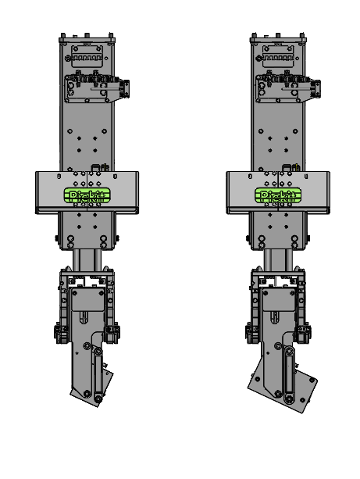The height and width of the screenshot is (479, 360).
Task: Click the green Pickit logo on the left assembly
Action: click(x=87, y=195)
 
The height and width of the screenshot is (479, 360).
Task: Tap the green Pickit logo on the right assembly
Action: click(x=277, y=195)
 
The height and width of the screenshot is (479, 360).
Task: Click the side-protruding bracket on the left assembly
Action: click(x=122, y=88)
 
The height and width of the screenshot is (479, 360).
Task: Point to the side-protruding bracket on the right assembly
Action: click(x=313, y=88)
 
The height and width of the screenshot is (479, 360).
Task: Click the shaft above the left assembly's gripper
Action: click(x=87, y=259)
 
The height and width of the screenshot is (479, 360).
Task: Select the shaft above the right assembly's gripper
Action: click(x=277, y=259)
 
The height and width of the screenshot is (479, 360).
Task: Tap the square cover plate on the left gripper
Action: click(x=87, y=298)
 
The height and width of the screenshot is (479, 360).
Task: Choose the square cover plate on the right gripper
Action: click(x=278, y=298)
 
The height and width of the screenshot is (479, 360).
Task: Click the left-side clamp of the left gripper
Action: click(x=61, y=333)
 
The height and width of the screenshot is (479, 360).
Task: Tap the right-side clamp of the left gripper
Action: click(x=116, y=333)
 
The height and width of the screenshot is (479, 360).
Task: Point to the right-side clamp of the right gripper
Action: click(x=305, y=333)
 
